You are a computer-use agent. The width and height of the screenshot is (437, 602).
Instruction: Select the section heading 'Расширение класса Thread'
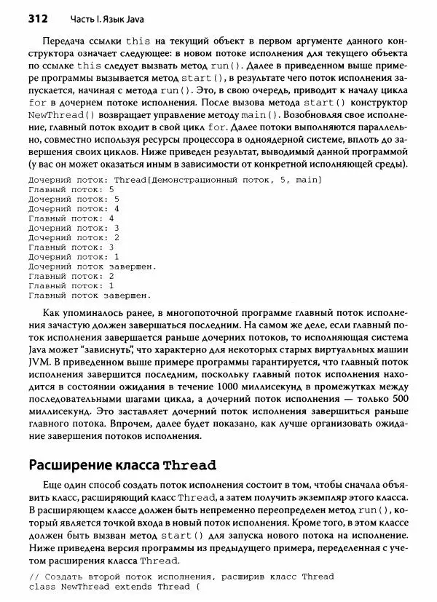(122, 464)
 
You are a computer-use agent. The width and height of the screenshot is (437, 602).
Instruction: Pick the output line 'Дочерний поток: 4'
(74, 208)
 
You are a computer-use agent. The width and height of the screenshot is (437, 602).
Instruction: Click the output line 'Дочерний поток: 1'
(74, 257)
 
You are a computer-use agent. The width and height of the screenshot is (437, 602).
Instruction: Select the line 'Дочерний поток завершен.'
(92, 266)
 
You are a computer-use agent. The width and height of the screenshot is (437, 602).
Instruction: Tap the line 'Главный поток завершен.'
(89, 296)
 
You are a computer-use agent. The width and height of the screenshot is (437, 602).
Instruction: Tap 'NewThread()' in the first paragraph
(58, 116)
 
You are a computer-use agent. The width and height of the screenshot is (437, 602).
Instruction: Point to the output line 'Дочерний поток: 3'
(74, 228)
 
